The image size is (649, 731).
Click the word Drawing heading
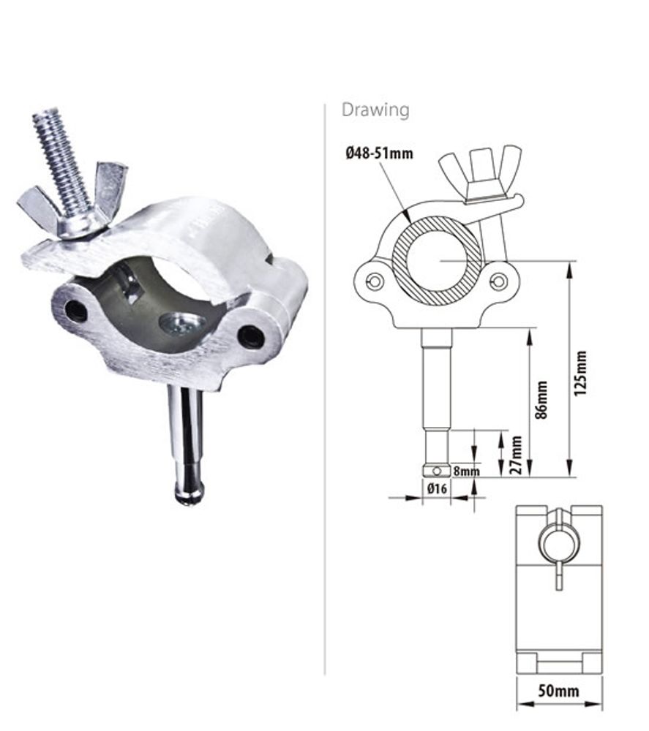tap(375, 110)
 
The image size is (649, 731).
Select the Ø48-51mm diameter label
tap(379, 154)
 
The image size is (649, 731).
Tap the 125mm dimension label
tap(581, 374)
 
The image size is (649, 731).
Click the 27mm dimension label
tap(517, 454)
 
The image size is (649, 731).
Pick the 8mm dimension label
tap(466, 471)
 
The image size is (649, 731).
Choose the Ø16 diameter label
tap(436, 489)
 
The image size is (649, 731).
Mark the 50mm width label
tap(558, 691)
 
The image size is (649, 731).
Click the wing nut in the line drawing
tap(480, 170)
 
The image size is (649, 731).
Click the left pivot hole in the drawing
tap(375, 281)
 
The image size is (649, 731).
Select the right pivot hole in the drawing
tap(499, 281)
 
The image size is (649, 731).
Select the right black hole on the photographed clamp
tap(252, 337)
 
